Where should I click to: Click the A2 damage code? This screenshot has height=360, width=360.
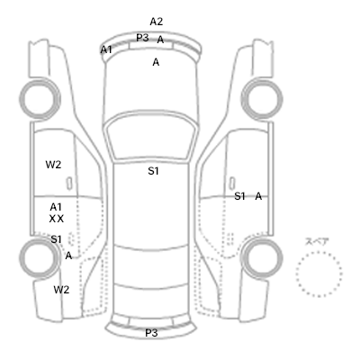click(156, 22)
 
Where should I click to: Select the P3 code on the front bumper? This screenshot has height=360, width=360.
click(142, 38)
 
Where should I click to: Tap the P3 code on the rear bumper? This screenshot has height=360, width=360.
click(151, 333)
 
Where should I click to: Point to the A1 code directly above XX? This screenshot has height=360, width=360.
click(56, 207)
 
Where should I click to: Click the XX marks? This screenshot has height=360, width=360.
click(57, 219)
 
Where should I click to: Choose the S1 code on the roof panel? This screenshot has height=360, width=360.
click(153, 171)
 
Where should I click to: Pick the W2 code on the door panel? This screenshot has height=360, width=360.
click(53, 165)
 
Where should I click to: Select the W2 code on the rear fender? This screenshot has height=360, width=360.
click(61, 290)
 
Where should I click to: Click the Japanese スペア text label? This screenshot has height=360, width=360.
click(317, 242)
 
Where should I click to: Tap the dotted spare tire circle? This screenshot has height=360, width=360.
click(319, 253)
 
